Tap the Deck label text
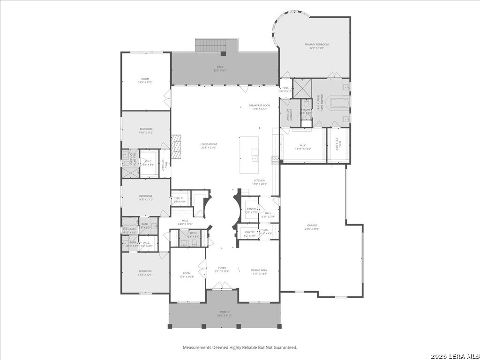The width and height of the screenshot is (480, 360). [220, 69]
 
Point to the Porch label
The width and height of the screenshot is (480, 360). [225, 314]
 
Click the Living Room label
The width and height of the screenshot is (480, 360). [209, 146]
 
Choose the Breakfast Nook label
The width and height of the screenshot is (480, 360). [259, 107]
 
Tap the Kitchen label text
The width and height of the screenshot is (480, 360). [259, 182]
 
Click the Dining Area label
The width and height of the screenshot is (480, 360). [259, 271]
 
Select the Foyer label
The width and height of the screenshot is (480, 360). [222, 269]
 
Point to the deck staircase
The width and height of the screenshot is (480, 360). [208, 45]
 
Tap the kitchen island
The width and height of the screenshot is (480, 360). [249, 155]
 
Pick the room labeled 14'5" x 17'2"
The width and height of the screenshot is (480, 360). [145, 81]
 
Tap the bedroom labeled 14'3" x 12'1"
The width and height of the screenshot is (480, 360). [145, 273]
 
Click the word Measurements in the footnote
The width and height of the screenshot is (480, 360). [197, 347]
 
